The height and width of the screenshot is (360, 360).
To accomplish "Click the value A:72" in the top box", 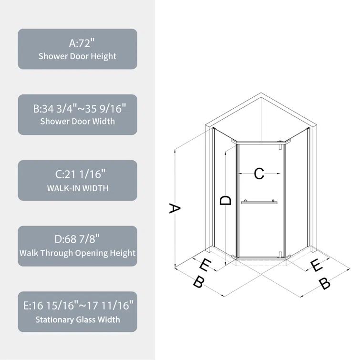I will (78, 43).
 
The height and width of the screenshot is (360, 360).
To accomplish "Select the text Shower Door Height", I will (78, 56).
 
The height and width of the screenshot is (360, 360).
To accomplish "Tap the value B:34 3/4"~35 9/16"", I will (78, 109).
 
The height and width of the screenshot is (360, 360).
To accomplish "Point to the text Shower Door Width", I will (78, 122).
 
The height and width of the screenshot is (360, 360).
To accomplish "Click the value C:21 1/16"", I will (78, 175).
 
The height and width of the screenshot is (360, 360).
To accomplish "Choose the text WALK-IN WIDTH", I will (78, 188).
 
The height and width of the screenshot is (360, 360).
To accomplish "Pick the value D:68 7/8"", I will (78, 239).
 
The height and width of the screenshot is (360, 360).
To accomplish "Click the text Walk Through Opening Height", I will (78, 253).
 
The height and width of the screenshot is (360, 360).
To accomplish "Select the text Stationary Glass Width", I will (78, 319).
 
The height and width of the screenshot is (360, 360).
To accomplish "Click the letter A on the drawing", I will (175, 209).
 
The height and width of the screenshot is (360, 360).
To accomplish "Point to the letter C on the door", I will (259, 174).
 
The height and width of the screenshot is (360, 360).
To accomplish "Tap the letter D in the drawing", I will (226, 200).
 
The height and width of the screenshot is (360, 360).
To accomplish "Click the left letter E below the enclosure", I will (205, 264).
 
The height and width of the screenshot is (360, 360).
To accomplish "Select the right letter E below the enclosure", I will (316, 266).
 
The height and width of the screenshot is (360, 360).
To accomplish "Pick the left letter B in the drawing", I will (198, 282).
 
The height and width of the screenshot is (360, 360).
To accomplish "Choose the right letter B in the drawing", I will (324, 284).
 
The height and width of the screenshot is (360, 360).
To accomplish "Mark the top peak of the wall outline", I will (260, 94).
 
